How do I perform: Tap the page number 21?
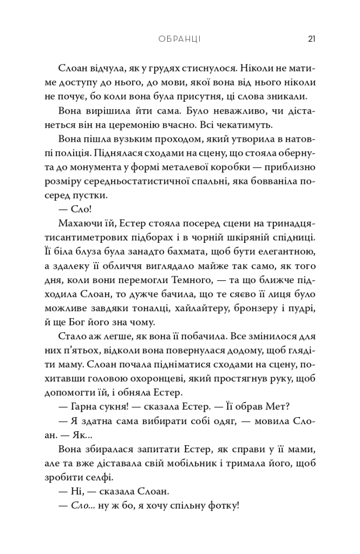tap(311, 39)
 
